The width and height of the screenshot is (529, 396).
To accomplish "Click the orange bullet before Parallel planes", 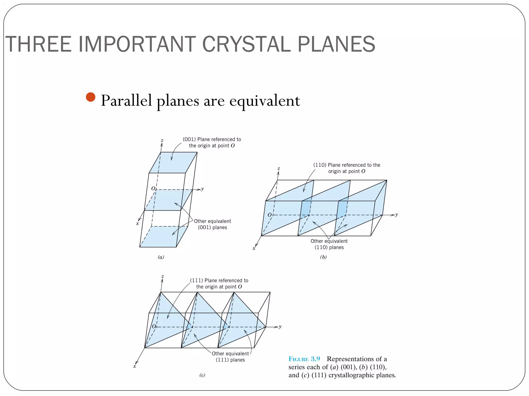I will (x=90, y=97).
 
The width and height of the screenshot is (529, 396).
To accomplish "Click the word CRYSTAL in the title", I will (x=247, y=44).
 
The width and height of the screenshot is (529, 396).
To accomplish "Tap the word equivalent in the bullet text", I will (x=265, y=101).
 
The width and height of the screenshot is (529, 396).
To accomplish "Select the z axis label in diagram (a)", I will (x=162, y=141).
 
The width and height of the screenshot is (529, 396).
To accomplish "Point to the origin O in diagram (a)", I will (x=153, y=189).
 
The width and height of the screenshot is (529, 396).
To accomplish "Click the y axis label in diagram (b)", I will (x=396, y=215).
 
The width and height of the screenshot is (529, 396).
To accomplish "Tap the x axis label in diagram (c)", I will (x=135, y=366).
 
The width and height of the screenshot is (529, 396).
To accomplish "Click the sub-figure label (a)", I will (x=161, y=257).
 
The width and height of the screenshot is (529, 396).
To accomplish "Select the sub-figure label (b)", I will (x=323, y=257).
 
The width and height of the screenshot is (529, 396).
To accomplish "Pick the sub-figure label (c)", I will (x=202, y=375).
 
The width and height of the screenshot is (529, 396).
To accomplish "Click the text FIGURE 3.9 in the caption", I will (x=304, y=359).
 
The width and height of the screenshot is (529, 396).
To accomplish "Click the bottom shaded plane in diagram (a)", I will (x=160, y=237).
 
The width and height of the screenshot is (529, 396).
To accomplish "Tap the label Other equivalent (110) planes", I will (x=329, y=244).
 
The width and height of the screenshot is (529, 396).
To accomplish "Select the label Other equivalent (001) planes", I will (x=212, y=224).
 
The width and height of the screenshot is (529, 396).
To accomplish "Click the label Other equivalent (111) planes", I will (x=230, y=357).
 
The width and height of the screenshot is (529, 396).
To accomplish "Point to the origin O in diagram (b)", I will (x=269, y=215).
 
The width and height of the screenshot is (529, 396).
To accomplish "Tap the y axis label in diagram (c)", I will (x=280, y=327).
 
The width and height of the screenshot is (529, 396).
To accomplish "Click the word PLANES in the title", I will (x=336, y=44).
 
